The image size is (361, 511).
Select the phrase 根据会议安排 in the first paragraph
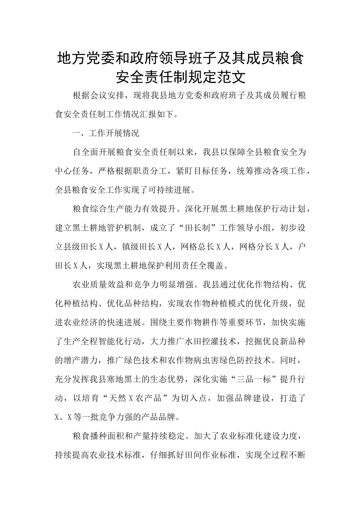[x=97, y=95]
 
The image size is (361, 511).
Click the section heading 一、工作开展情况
[x=106, y=133]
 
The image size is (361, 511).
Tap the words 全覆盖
[x=211, y=266]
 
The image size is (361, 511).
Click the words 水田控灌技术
[x=211, y=341]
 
